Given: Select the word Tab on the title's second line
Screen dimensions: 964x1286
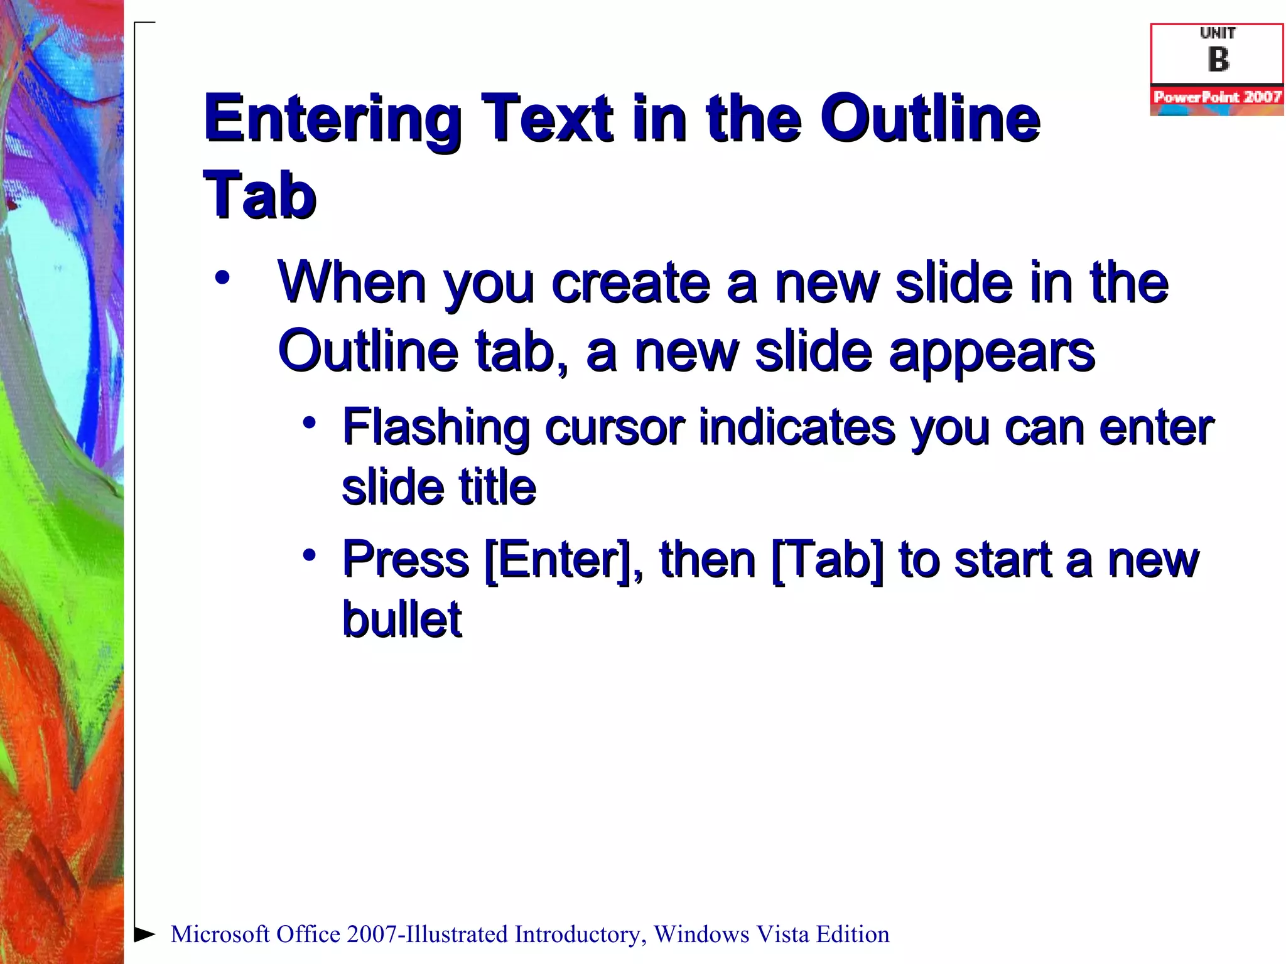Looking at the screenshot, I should click(x=259, y=195).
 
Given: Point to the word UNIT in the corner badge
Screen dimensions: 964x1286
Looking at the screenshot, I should click(x=1218, y=33).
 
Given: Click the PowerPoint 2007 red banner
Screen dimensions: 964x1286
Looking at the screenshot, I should click(x=1217, y=97).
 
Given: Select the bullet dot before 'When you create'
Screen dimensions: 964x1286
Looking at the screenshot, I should click(x=222, y=277).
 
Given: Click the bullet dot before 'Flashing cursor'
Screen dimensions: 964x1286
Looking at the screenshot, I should click(x=308, y=422).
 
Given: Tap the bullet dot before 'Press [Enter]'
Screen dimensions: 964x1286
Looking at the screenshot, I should click(x=308, y=555).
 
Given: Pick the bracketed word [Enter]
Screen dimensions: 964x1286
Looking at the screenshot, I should click(x=558, y=560).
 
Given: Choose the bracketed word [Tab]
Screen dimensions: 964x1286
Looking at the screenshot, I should click(x=827, y=560).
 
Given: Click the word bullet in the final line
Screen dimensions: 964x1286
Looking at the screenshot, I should click(x=402, y=619).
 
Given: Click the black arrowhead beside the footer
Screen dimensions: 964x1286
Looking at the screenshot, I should click(x=144, y=934).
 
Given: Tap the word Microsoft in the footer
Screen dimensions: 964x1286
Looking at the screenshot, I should click(x=220, y=935).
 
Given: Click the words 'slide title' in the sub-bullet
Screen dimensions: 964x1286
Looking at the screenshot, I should click(x=438, y=488).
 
